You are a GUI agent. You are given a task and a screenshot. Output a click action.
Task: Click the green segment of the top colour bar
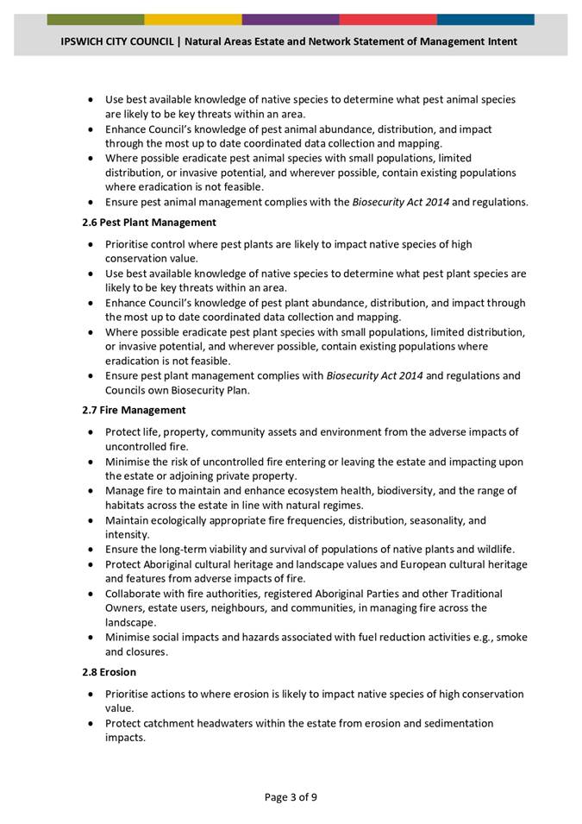pos(96,19)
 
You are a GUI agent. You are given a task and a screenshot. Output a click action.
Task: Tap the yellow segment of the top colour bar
pos(193,19)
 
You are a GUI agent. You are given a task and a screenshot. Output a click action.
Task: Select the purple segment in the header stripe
pos(291,19)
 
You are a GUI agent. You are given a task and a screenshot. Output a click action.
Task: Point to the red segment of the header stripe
pos(388,19)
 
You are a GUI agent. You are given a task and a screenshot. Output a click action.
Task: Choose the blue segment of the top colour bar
pos(485,19)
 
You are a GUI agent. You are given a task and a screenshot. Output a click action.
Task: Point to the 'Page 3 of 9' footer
pos(291,796)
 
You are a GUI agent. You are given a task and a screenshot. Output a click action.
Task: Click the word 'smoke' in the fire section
pos(512,637)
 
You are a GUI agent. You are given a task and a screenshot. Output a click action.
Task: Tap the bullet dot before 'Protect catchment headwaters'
pos(91,723)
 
